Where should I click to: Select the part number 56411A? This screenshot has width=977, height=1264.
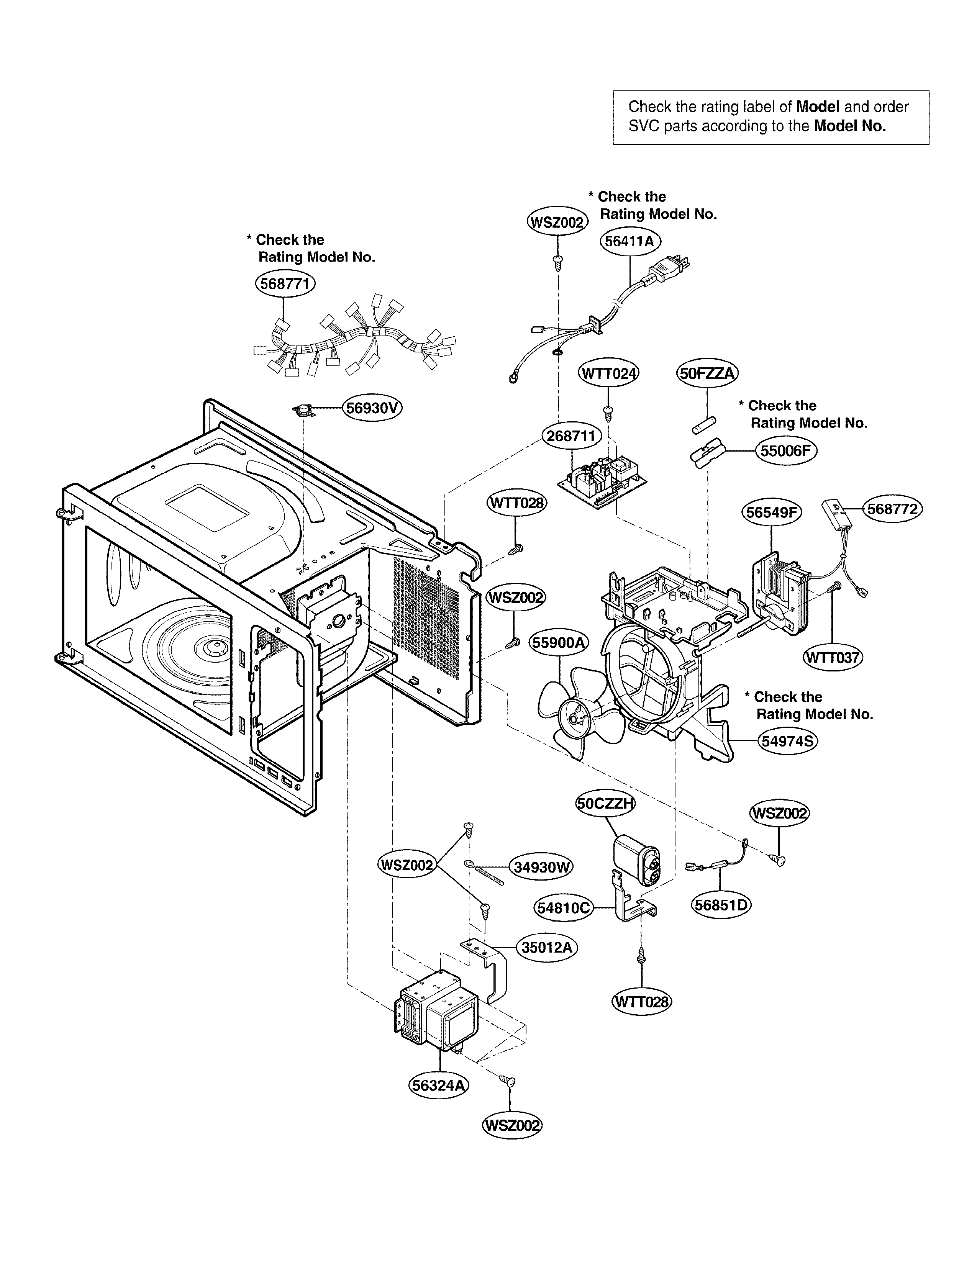coord(630,241)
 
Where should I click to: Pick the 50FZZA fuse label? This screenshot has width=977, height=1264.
coord(707,373)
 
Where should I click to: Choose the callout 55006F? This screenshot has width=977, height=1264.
coord(785,450)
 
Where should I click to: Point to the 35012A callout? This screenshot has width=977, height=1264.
coord(546,947)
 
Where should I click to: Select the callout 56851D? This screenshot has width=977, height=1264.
coord(721,905)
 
